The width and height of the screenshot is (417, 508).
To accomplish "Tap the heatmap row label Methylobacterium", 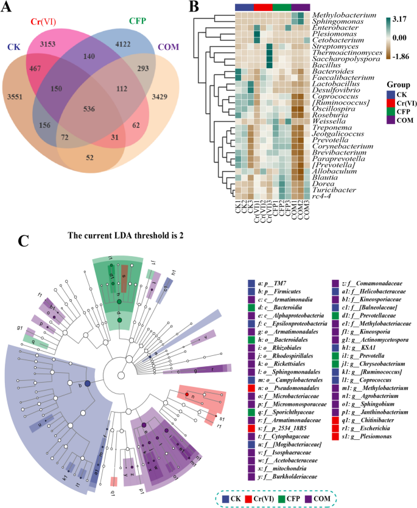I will tap(345, 14).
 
